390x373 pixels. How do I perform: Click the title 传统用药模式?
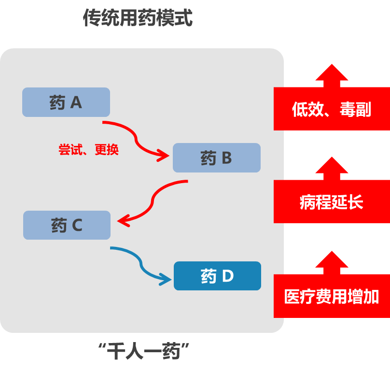coord(138,18)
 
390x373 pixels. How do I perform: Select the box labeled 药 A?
coord(66,102)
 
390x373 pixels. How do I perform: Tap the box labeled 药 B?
coord(217,158)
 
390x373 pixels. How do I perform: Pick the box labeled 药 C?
coord(67,225)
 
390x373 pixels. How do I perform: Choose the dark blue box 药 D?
coord(217,276)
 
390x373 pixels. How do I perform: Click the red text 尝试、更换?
coord(88,150)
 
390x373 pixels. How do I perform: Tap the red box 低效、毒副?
coord(332,109)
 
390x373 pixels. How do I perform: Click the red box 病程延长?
coord(332,201)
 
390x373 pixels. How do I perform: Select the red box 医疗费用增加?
coord(332,296)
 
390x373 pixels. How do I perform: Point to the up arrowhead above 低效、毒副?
coord(332,73)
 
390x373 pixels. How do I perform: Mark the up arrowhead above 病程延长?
coord(332,166)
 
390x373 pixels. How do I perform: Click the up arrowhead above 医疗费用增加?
coord(332,261)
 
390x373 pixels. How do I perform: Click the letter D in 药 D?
coord(228,276)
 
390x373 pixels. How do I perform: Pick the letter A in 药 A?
coord(76,102)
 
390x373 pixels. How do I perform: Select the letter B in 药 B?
coord(227,158)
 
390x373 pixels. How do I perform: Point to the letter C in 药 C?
coord(77,226)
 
